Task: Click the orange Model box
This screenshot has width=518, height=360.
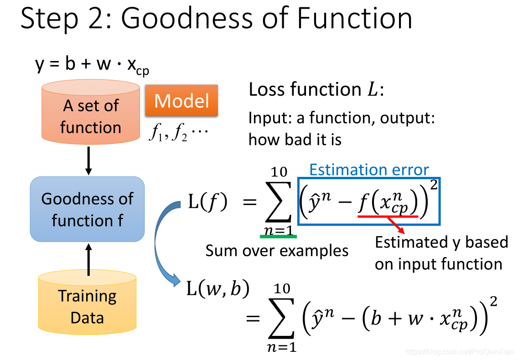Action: coord(181,101)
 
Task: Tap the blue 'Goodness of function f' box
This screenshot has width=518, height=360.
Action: coord(87,209)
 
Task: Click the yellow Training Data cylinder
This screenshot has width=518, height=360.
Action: coord(87,303)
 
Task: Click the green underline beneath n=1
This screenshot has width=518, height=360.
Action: coord(278,236)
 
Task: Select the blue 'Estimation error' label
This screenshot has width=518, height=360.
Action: coord(369,170)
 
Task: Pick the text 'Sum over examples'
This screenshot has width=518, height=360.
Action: coord(277,250)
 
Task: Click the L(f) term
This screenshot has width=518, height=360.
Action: coord(207,201)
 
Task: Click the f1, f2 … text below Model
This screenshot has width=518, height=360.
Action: coord(178,134)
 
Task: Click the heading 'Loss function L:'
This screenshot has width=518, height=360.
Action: coord(316,90)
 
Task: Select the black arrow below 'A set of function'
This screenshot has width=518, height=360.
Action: coord(88,161)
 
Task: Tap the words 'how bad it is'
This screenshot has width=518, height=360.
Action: coord(295,139)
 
